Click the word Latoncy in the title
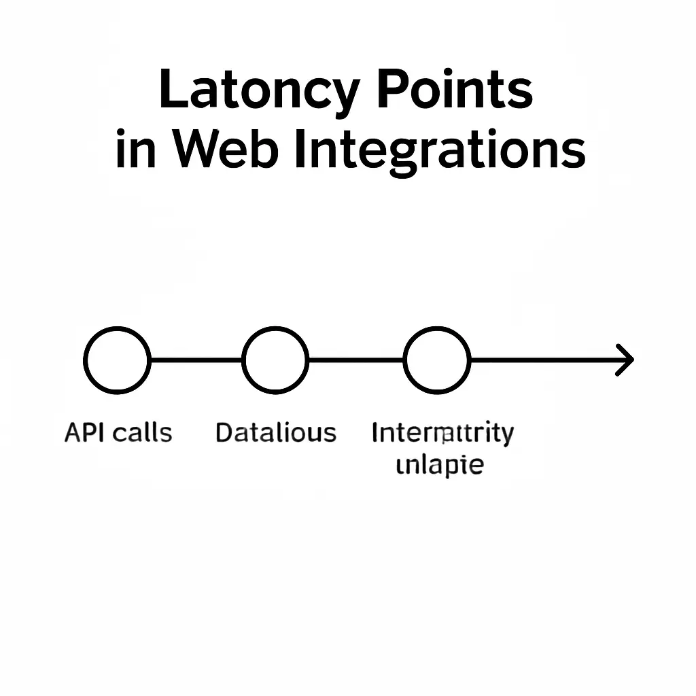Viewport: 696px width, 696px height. (259, 91)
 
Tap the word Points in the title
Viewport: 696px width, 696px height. (454, 90)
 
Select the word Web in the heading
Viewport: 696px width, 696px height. (224, 150)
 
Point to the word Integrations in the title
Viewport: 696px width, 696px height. (440, 152)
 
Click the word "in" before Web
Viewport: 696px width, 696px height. (135, 150)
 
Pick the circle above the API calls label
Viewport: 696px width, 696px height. (117, 360)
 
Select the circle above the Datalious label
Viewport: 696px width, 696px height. (275, 360)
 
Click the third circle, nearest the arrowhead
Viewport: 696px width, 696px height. (436, 360)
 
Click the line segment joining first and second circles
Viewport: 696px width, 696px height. (196, 360)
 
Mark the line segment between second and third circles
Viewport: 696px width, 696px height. (355, 360)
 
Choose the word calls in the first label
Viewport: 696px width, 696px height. (143, 433)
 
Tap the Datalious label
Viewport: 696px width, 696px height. (275, 433)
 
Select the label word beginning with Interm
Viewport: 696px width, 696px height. (442, 433)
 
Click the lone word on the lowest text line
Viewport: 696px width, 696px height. (440, 466)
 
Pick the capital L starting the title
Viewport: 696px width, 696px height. (171, 91)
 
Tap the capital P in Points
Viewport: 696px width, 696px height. (390, 90)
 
